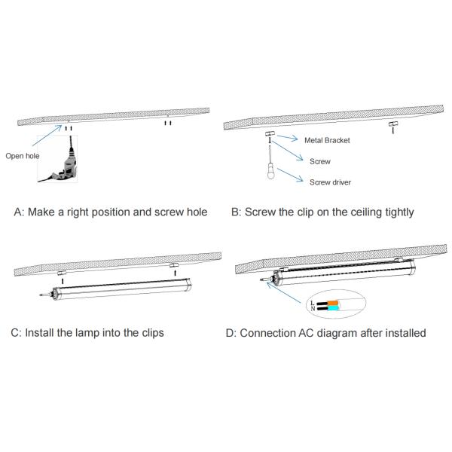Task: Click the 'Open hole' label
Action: [23, 156]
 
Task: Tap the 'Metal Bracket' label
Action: [327, 140]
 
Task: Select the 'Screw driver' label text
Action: [330, 182]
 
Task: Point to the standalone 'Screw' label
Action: [320, 161]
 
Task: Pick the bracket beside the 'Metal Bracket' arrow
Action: [270, 134]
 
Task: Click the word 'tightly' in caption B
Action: [396, 212]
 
